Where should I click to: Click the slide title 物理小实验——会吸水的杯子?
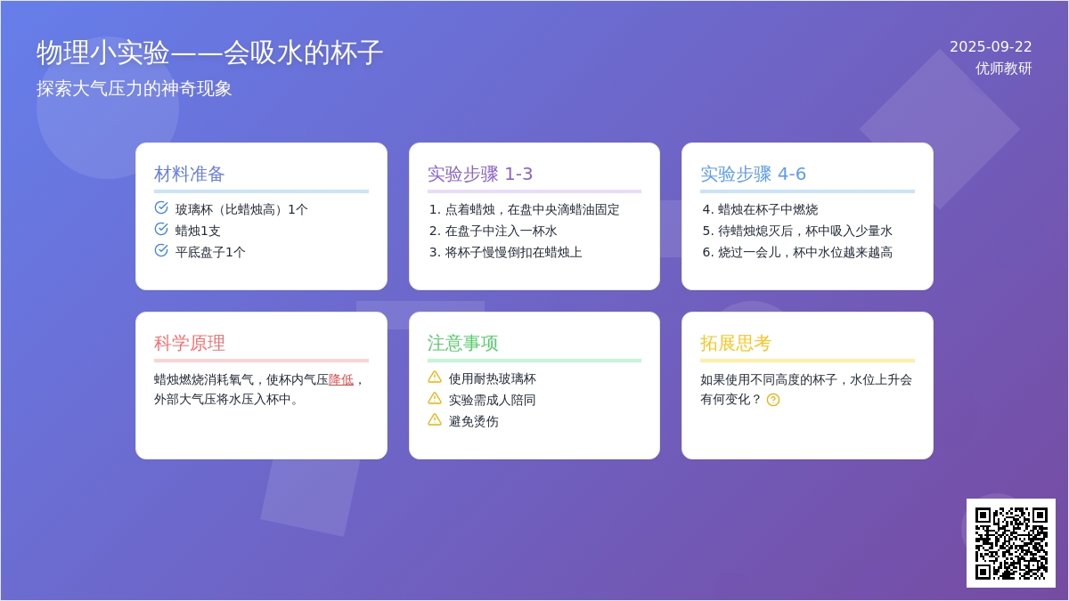pos(209,53)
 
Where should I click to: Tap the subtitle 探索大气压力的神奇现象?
pos(135,89)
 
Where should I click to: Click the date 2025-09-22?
pos(991,46)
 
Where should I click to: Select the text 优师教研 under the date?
pos(1004,69)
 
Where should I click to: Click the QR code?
pos(1011,543)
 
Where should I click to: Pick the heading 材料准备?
pos(189,175)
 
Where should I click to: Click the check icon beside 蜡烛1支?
pos(161,230)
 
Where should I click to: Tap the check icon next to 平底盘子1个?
pos(161,250)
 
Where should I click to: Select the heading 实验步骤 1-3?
pos(479,175)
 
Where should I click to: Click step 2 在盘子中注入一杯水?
pos(493,231)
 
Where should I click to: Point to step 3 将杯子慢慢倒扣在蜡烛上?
pos(505,252)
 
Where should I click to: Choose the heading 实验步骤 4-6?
pos(753,175)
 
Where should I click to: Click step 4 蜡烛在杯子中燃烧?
pos(760,209)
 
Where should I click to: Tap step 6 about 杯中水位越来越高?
pos(797,252)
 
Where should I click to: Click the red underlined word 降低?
pos(341,379)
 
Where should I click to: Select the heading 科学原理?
pos(189,344)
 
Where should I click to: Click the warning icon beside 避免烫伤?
pos(435,419)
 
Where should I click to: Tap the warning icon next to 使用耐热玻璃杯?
pos(435,378)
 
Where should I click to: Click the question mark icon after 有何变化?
pos(773,400)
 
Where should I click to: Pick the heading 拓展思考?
pos(736,344)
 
